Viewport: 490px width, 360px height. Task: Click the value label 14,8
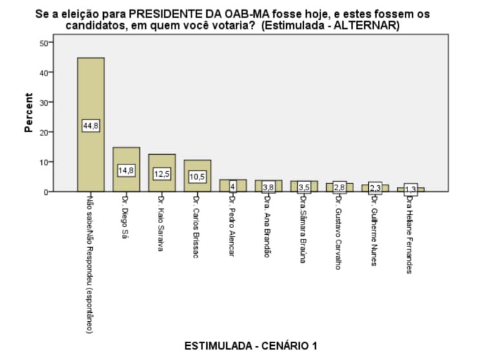tap(126, 171)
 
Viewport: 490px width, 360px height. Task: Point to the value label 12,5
tap(162, 174)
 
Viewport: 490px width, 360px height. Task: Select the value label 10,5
tap(197, 177)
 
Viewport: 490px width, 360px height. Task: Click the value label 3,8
tap(268, 187)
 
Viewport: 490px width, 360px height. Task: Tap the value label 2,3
tap(375, 188)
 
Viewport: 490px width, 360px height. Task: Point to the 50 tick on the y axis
tap(44, 43)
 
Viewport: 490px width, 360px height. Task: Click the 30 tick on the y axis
tap(44, 102)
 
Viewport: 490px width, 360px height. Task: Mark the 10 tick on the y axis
tap(44, 162)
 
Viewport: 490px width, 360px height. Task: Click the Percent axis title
tap(29, 113)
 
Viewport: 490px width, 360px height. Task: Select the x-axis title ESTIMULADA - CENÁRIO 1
tap(251, 346)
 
